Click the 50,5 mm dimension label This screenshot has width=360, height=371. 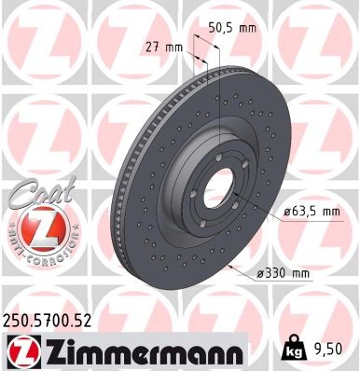coord(231,28)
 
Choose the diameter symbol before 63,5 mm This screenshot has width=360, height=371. coord(287,212)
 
